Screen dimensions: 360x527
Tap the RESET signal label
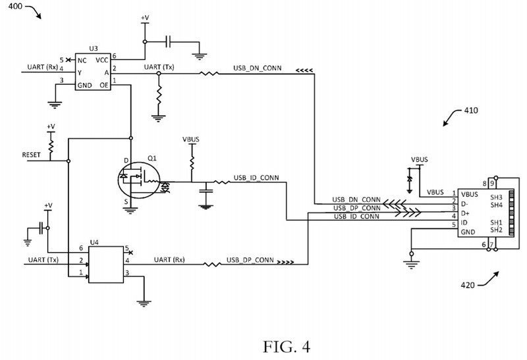[32, 155]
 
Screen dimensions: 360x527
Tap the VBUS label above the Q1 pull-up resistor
[191, 140]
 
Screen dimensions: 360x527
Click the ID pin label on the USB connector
[465, 223]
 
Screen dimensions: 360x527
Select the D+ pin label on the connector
[466, 213]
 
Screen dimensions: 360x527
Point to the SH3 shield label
[497, 195]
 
